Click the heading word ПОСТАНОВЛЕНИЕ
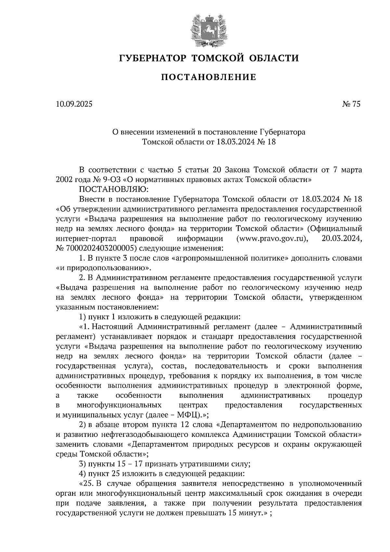point(209,77)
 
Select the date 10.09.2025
point(74,104)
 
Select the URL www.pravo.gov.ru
point(272,239)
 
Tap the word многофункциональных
point(119,405)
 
